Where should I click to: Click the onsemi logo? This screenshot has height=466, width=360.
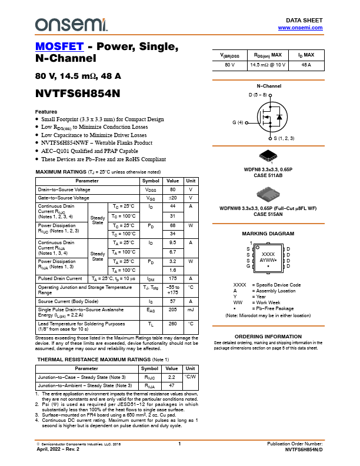[70, 24]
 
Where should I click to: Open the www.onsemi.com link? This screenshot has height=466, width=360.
[300, 27]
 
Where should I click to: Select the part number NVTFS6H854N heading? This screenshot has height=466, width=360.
[78, 93]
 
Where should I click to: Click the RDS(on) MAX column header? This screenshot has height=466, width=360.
[268, 55]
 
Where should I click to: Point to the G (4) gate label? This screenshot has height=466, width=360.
[238, 122]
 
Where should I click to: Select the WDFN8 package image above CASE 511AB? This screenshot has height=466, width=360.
[268, 156]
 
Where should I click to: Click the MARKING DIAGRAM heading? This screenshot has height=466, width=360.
[268, 234]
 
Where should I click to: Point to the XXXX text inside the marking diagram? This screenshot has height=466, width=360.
[268, 254]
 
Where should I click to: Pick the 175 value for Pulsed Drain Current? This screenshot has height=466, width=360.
[173, 278]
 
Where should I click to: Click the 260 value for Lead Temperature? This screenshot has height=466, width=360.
[173, 323]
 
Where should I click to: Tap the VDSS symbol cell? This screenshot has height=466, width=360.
[151, 190]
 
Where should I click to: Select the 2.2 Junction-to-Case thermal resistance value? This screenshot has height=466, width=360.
[172, 377]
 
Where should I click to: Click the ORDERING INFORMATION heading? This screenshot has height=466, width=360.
[268, 337]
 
